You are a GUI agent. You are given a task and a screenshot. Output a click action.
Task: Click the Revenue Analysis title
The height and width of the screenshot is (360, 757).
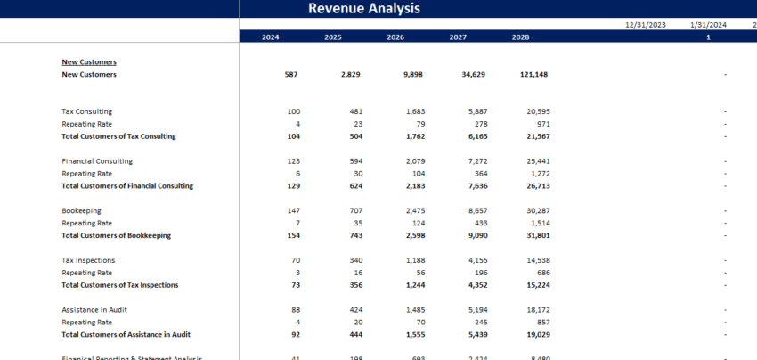click(363, 9)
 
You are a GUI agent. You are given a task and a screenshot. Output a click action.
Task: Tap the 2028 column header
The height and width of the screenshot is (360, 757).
click(521, 37)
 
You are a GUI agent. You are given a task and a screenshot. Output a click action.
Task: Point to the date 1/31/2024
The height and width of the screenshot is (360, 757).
click(708, 25)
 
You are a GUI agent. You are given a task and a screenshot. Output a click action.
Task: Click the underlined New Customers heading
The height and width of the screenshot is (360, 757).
click(89, 62)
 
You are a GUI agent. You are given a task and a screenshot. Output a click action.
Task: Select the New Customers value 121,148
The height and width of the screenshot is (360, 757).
click(528, 75)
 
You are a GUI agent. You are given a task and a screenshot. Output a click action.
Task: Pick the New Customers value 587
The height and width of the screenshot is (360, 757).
click(291, 75)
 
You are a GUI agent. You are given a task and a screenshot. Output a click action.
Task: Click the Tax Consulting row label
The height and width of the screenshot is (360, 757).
click(86, 111)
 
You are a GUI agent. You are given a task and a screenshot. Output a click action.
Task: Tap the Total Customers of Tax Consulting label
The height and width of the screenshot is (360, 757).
click(118, 136)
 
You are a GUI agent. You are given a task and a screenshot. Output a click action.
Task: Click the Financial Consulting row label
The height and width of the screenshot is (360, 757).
click(97, 161)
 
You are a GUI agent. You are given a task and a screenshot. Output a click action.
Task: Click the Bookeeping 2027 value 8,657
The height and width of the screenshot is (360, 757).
click(456, 211)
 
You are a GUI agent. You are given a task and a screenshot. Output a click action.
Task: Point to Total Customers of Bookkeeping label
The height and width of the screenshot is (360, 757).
click(116, 235)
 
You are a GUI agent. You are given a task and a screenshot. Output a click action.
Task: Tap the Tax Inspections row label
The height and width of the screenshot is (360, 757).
click(87, 260)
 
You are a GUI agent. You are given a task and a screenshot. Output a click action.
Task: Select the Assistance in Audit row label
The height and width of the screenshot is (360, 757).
click(93, 310)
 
